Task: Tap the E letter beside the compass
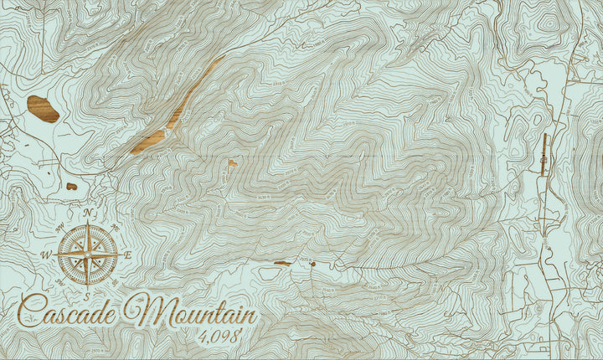(x=127, y=255)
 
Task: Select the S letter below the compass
(x=87, y=295)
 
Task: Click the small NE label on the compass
(x=114, y=228)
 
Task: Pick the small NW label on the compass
(x=60, y=228)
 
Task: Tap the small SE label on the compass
(x=114, y=281)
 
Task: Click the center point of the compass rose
(x=87, y=255)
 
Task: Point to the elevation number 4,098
(x=225, y=338)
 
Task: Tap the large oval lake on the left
(x=43, y=109)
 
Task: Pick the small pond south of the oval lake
(x=72, y=186)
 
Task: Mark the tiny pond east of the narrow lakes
(x=232, y=163)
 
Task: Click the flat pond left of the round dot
(x=282, y=263)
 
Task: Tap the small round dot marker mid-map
(x=312, y=265)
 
